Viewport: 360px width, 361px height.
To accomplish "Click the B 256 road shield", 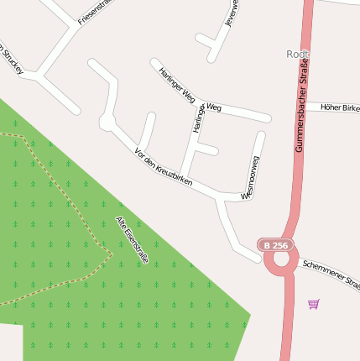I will [276, 245].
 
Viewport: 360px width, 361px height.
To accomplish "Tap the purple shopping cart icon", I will [313, 304].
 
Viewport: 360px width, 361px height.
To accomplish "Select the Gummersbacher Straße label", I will [301, 105].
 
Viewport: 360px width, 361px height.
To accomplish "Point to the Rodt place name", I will [297, 54].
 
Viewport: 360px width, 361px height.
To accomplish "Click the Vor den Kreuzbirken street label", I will [164, 167].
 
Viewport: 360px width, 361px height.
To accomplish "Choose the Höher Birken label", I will [340, 107].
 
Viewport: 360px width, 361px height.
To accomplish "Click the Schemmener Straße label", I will [331, 274].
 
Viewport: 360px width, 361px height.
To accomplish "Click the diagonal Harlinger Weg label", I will [177, 85].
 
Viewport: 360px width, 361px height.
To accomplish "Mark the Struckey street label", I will [11, 58].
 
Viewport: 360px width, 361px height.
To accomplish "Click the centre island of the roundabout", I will [280, 261].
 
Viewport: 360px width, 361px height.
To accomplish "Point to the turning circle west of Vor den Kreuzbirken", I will [107, 123].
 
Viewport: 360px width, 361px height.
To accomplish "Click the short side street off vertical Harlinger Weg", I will [207, 150].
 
